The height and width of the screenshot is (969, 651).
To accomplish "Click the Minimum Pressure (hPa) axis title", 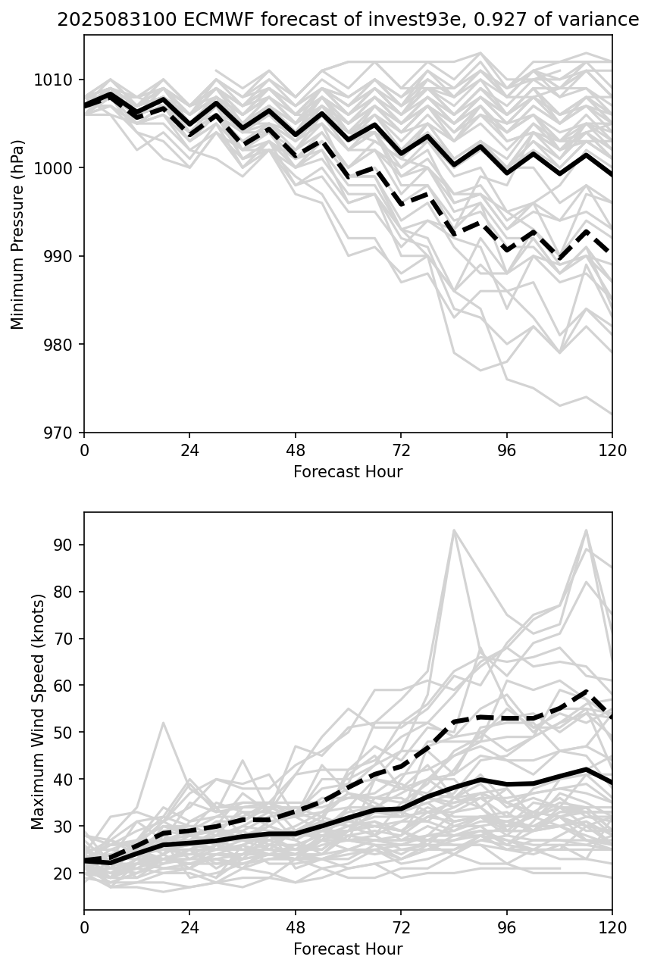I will click(18, 234).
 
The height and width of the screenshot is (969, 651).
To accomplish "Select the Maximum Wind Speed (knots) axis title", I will click(37, 711).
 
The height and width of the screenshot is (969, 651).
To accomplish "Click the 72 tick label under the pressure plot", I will click(401, 450).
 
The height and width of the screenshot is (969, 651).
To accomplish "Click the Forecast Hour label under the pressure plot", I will click(348, 472).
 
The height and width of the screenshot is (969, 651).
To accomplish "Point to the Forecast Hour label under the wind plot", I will click(348, 949).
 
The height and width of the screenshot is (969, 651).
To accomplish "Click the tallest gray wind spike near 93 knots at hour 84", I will click(453, 530).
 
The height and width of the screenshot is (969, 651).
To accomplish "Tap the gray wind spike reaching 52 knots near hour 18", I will click(163, 723).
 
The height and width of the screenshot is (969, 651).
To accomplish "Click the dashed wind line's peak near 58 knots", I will click(586, 692).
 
